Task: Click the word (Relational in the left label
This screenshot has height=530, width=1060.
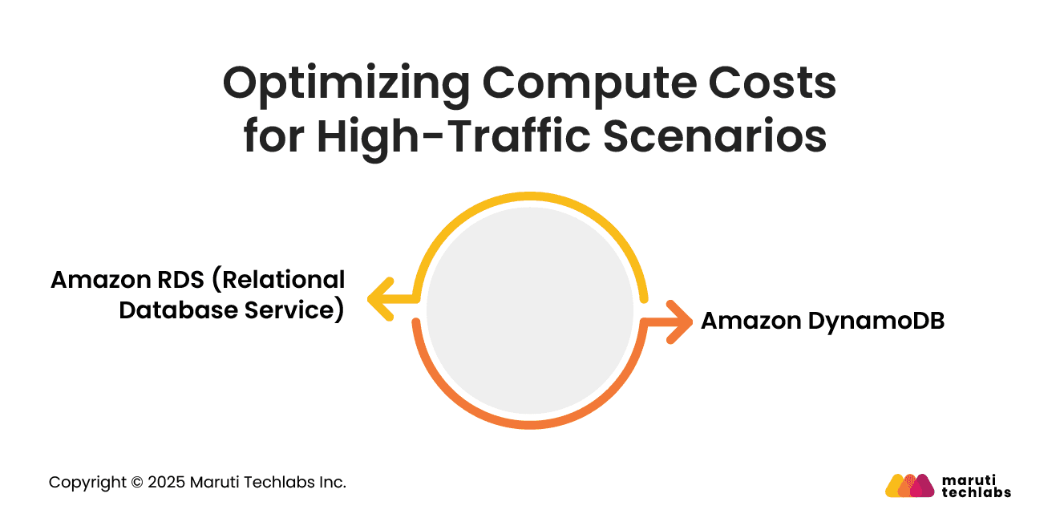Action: (x=282, y=280)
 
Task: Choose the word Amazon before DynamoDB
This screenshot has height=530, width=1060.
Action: (x=750, y=321)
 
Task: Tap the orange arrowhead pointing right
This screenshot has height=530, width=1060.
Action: (x=679, y=322)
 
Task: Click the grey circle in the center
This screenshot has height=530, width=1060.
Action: (x=530, y=311)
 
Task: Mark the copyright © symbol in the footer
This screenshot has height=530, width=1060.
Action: (x=136, y=483)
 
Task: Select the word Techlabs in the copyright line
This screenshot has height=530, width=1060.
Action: (x=275, y=483)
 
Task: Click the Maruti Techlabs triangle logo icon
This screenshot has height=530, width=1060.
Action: (x=909, y=485)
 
